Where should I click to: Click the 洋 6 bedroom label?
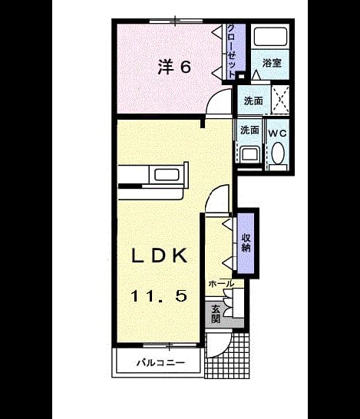(174, 67)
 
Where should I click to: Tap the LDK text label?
(160, 256)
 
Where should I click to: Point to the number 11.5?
(159, 295)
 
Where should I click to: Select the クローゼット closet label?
(232, 51)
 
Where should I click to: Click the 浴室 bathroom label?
(272, 63)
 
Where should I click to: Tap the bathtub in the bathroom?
(270, 36)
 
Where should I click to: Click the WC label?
(277, 134)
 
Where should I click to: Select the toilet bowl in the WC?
(278, 153)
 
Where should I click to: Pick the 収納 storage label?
(246, 243)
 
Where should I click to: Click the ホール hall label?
(221, 283)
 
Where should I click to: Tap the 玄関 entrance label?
(216, 314)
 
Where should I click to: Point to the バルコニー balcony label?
(160, 363)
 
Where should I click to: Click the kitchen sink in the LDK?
(167, 175)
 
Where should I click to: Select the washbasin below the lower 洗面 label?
(249, 154)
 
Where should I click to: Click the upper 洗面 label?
(253, 101)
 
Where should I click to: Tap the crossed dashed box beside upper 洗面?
(280, 100)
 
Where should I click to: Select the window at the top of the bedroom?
(176, 21)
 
